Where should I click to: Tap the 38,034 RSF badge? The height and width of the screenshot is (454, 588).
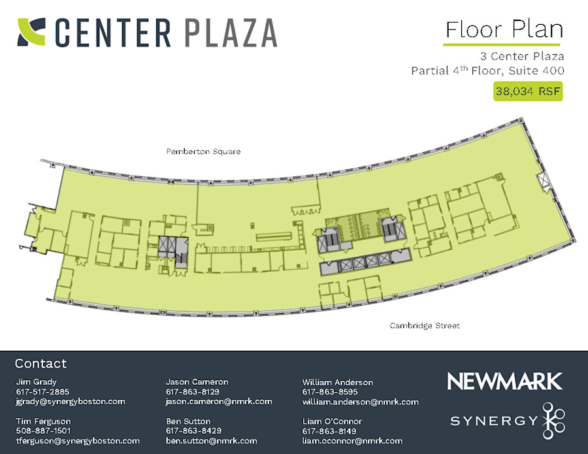[x=528, y=91]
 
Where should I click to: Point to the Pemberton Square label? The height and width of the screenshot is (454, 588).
[x=203, y=152]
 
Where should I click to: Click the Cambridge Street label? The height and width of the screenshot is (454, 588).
[x=425, y=325]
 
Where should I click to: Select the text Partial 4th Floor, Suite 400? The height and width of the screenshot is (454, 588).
[x=487, y=71]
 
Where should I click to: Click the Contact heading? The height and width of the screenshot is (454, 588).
[x=41, y=364]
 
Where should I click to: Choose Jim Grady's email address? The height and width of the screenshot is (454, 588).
[x=70, y=401]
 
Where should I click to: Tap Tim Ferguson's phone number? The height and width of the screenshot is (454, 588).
[x=43, y=431]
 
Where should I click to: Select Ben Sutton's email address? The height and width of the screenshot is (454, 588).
[x=211, y=441]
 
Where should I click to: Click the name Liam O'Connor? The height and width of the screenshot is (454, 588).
[x=332, y=421]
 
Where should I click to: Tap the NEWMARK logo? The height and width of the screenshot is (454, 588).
[x=504, y=381]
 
